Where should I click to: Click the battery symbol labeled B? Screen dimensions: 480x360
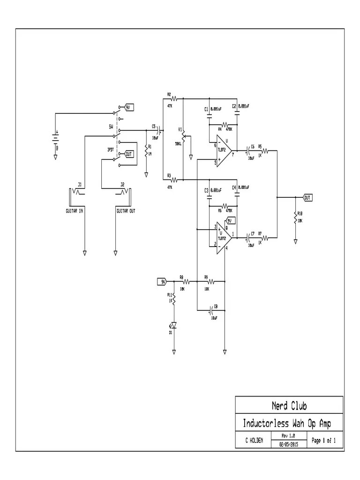coord(55,138)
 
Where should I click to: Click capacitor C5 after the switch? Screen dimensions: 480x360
coord(161,130)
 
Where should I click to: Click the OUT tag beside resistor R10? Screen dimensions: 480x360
coord(307,197)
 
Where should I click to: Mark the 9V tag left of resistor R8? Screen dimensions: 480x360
coord(162,282)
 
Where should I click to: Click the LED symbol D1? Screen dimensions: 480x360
coord(174,325)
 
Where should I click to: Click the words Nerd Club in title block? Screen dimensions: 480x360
coord(289,405)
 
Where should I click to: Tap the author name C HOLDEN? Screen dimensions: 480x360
coord(253,441)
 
